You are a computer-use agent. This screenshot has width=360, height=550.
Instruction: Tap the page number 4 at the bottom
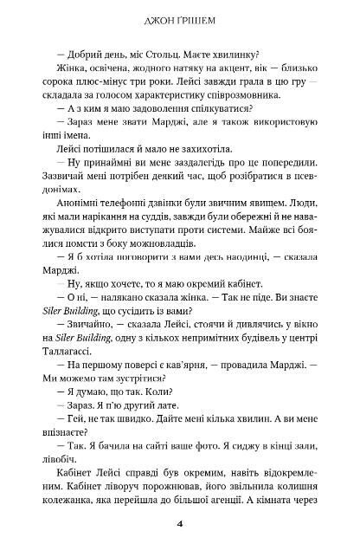179,524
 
